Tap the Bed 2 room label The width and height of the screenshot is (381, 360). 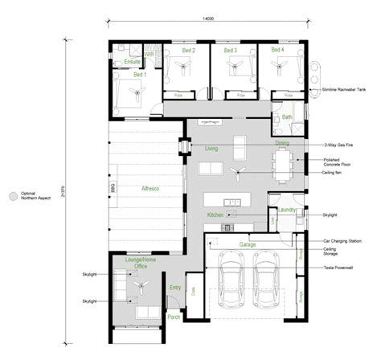click(x=188, y=51)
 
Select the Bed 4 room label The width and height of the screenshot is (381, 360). click(x=278, y=51)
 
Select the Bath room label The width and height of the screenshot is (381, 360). click(x=287, y=117)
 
